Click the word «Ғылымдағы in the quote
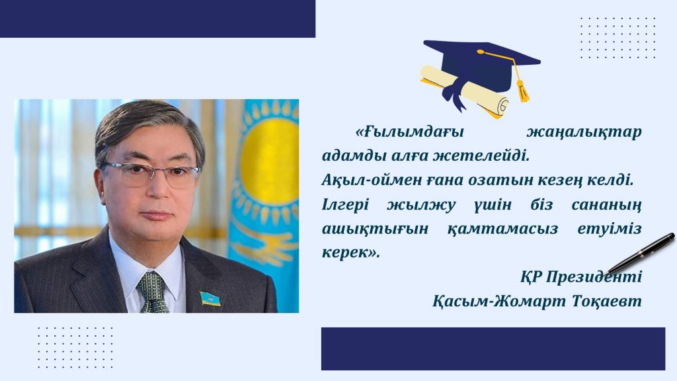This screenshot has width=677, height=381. pos(409,132)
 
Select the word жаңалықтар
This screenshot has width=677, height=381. pos(584,132)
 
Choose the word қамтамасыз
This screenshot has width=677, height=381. pos(502,229)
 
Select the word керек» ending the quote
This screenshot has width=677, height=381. pos(350,252)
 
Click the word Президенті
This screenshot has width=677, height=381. pos(594,276)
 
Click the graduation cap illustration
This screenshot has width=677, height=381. pos(482,65)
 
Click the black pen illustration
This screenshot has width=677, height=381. pos(640,254)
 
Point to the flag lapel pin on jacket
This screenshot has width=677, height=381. pos(210,298)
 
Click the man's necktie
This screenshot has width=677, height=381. pos(153,292)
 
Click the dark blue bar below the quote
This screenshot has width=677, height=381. pos(493,349)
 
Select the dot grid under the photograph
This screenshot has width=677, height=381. pos(75,347)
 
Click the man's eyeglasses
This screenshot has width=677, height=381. pos(151,174)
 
